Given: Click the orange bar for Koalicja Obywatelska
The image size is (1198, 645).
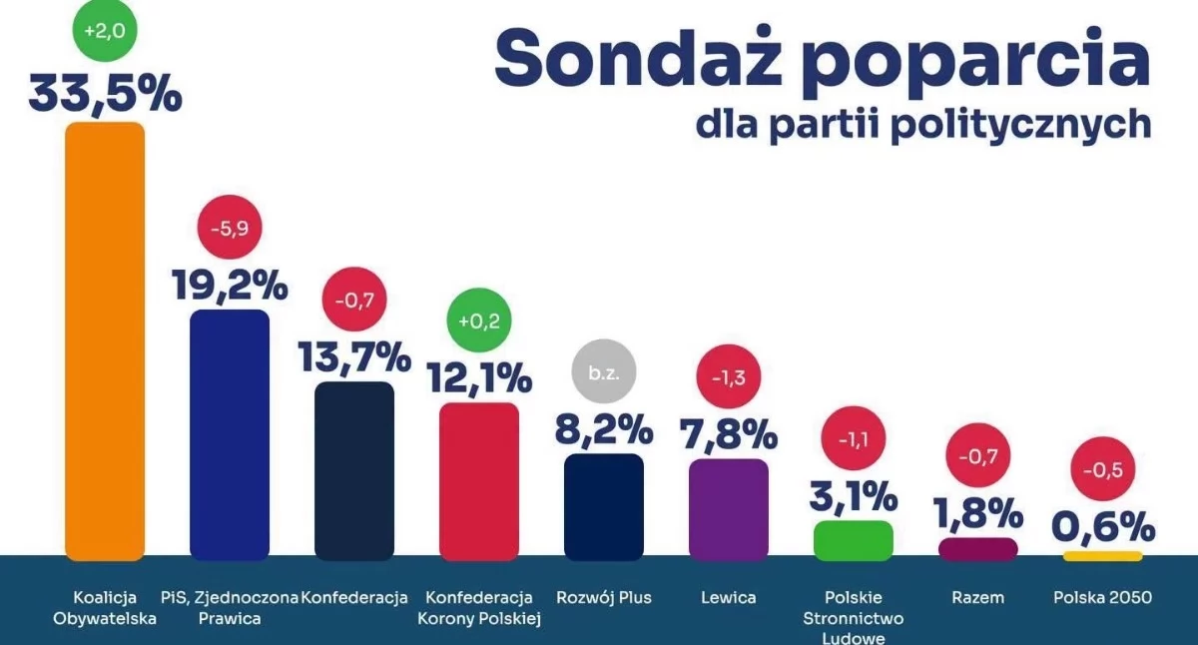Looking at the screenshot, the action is tap(105, 341).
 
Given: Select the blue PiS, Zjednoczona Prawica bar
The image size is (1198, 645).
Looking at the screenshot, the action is tap(230, 434).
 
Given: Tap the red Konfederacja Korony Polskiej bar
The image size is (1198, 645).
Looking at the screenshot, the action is tap(478, 481).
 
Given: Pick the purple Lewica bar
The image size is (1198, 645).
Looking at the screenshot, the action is tap(729, 509).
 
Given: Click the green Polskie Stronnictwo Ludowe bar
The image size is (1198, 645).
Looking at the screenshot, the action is tap(853, 541).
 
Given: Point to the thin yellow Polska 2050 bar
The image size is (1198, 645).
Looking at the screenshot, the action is tap(1103, 556).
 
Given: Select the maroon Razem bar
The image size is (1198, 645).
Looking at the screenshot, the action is tap(977, 549).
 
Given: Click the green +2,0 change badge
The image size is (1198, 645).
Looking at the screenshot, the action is tap(105, 30).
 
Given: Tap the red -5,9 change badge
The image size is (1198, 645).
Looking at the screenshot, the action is tap(230, 228).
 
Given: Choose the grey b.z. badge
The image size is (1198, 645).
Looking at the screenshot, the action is tap(604, 371).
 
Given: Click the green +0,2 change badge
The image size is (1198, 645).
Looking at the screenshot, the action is tap(478, 321).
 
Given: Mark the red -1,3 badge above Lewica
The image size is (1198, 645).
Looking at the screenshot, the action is tap(729, 377).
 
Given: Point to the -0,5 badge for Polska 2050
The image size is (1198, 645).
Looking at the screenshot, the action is tap(1103, 469).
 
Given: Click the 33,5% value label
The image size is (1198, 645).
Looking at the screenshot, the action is tap(106, 95).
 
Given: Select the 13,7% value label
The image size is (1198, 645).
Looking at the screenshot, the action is tap(354, 356).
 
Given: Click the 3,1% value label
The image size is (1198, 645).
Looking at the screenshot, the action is tap(853, 496).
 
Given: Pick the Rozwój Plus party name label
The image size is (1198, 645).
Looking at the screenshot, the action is tap(604, 597).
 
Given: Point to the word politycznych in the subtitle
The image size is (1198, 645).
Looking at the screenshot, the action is tap(1021, 125).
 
